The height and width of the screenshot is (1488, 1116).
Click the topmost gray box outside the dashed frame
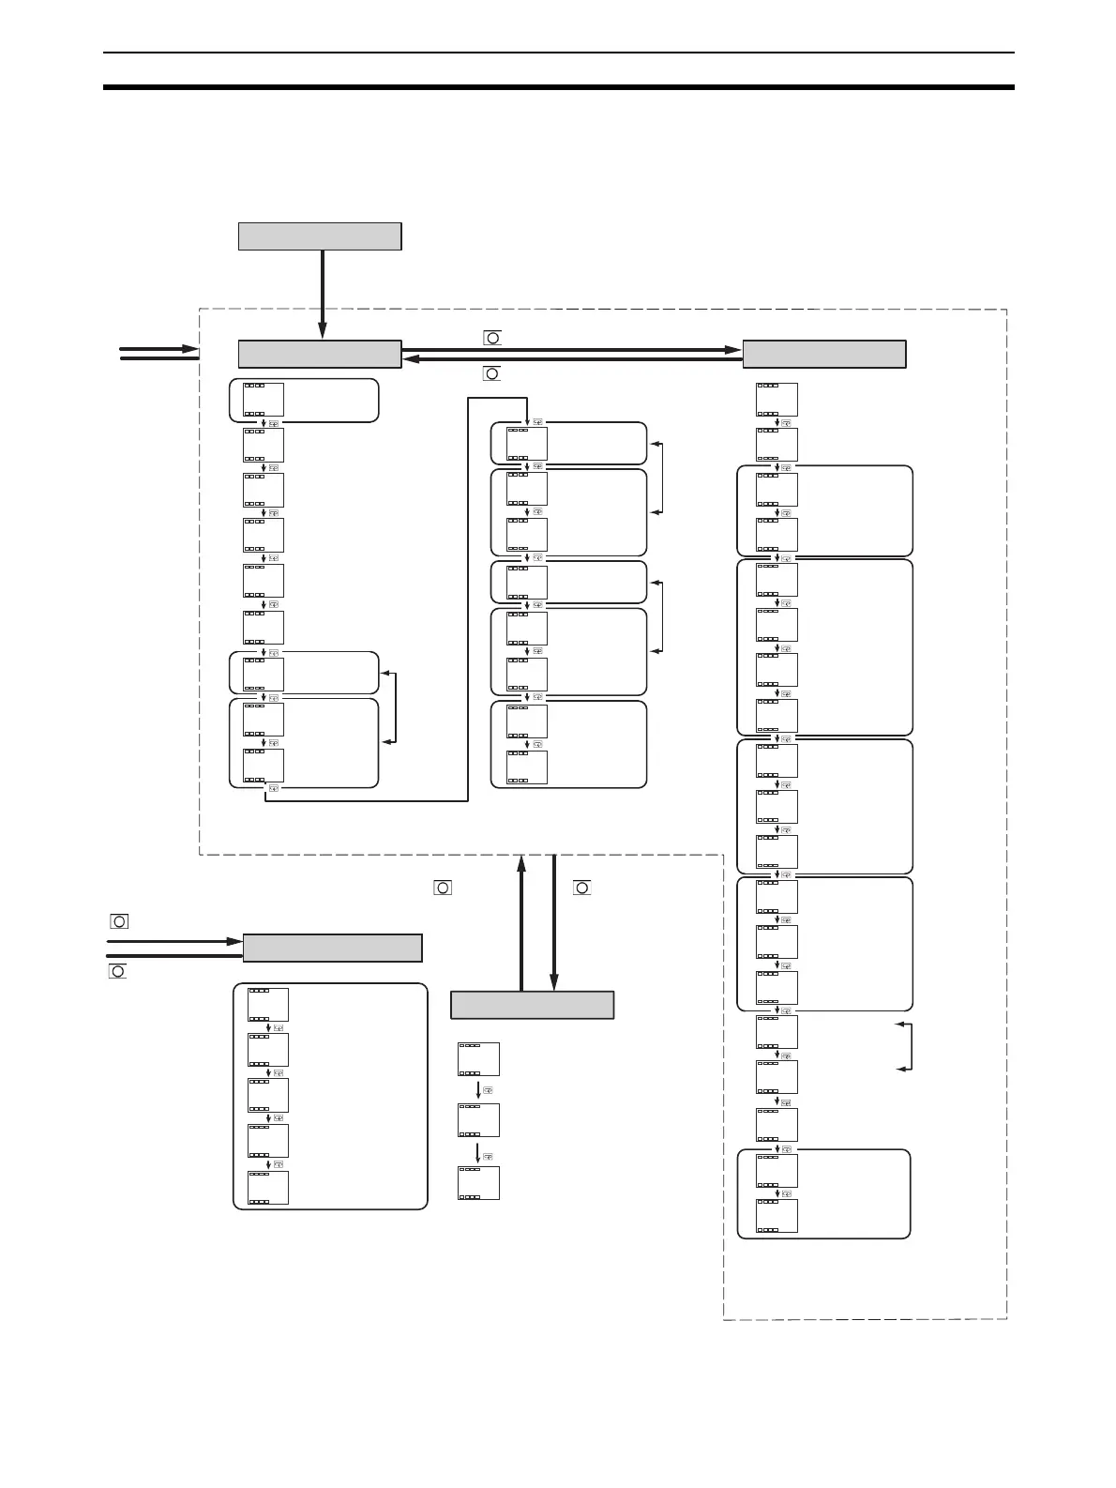320,236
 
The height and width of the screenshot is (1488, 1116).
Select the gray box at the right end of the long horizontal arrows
824,355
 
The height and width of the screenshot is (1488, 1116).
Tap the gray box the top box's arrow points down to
320,355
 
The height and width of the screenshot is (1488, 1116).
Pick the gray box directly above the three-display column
532,1005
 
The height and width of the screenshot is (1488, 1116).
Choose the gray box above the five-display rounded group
332,948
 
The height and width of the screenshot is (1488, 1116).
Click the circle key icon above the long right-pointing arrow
492,337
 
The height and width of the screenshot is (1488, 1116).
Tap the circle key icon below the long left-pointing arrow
491,373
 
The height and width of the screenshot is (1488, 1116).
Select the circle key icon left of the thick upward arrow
443,887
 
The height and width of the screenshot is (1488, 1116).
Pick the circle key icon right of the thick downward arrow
581,887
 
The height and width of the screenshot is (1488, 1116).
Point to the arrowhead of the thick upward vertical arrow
521,861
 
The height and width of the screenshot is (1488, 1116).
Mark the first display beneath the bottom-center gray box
478,1058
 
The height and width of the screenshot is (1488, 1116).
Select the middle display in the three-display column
478,1120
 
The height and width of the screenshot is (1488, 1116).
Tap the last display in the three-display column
478,1182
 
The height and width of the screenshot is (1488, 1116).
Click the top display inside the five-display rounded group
267,1004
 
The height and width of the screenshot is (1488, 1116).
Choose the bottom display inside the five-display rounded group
267,1187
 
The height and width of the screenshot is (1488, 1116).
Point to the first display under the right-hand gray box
777,399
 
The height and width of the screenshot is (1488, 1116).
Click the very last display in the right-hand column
777,1216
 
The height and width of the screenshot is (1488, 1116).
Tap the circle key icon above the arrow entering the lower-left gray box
119,921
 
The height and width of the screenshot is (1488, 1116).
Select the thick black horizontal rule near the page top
559,87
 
